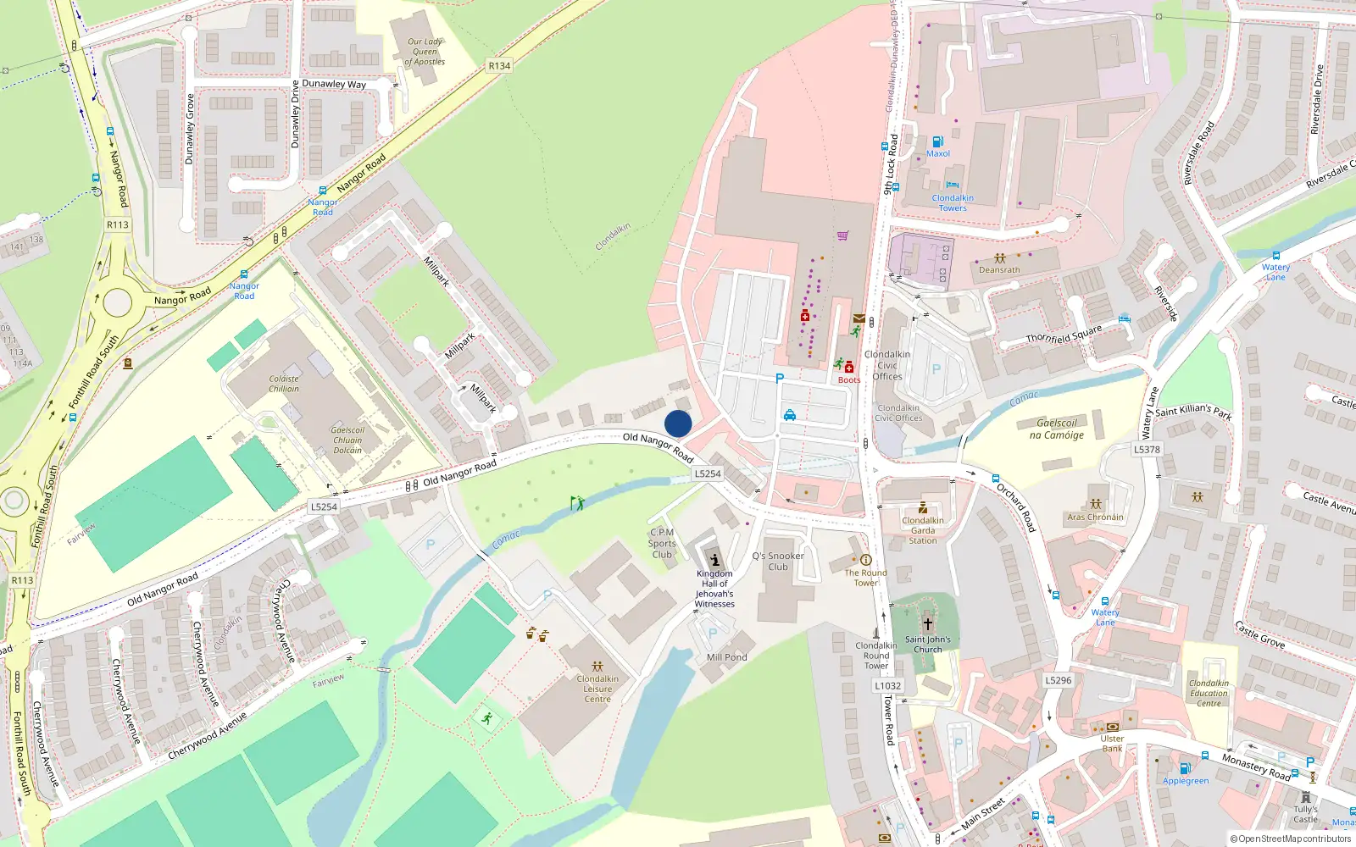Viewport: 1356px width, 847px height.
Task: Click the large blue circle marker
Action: point(678,423)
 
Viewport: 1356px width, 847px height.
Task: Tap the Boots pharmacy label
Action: point(849,379)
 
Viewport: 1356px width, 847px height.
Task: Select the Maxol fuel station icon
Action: point(937,141)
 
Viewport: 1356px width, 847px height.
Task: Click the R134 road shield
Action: point(499,65)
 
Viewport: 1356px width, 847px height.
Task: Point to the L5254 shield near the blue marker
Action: point(708,473)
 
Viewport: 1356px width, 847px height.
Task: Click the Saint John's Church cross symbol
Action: point(928,623)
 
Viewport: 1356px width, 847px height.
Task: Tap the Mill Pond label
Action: point(726,657)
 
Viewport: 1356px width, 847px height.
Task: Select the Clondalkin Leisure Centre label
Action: point(597,689)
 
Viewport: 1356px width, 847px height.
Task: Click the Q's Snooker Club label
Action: point(778,562)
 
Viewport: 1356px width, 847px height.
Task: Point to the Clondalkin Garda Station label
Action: point(923,530)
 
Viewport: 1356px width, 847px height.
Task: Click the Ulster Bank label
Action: point(1112,744)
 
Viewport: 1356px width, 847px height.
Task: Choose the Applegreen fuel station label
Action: point(1186,781)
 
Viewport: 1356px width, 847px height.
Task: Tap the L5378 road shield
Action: point(1147,450)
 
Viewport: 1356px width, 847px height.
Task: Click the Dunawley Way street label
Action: point(334,84)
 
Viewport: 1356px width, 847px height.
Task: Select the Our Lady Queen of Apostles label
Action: point(425,52)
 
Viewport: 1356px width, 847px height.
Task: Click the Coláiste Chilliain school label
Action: point(284,384)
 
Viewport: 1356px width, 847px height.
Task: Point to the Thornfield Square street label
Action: point(1064,334)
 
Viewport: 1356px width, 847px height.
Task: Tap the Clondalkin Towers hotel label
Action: point(953,203)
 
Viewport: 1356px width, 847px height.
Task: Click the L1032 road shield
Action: point(887,686)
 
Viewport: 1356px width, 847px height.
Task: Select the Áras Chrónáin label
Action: point(1095,517)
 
